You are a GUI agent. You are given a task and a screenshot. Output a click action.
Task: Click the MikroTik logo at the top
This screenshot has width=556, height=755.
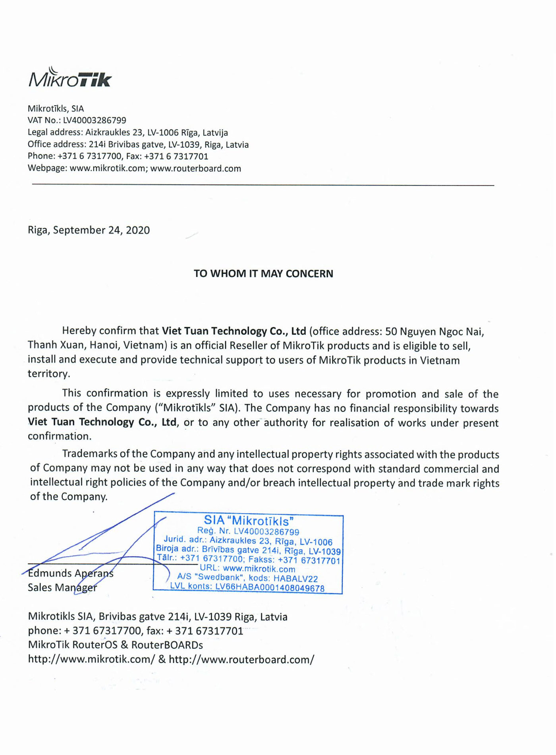coord(70,77)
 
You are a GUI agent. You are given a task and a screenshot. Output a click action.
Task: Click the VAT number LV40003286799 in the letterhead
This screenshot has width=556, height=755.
coord(95,120)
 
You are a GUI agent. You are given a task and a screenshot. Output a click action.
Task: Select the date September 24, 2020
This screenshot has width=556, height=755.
coord(101,230)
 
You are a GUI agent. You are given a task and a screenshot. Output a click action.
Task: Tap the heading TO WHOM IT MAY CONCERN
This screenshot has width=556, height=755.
coord(263,274)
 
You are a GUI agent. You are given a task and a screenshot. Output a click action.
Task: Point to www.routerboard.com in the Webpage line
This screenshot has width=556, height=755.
coord(195,168)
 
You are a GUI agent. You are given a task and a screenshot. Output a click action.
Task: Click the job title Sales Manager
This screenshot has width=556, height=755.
coord(62,588)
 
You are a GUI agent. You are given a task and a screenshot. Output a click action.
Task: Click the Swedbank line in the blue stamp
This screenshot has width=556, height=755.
coord(247,578)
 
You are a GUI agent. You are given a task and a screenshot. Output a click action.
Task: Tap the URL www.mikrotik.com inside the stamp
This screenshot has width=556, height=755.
coord(259,569)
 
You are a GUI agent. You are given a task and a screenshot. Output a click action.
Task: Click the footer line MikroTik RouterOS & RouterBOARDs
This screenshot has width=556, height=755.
coord(115,645)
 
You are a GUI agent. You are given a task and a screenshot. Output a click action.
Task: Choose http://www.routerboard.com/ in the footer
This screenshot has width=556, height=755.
coord(241,660)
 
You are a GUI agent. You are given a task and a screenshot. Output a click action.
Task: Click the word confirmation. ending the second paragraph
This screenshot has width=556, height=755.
coord(60,436)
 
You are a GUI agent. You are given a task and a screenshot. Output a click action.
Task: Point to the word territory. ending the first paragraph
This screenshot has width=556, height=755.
coord(49,374)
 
